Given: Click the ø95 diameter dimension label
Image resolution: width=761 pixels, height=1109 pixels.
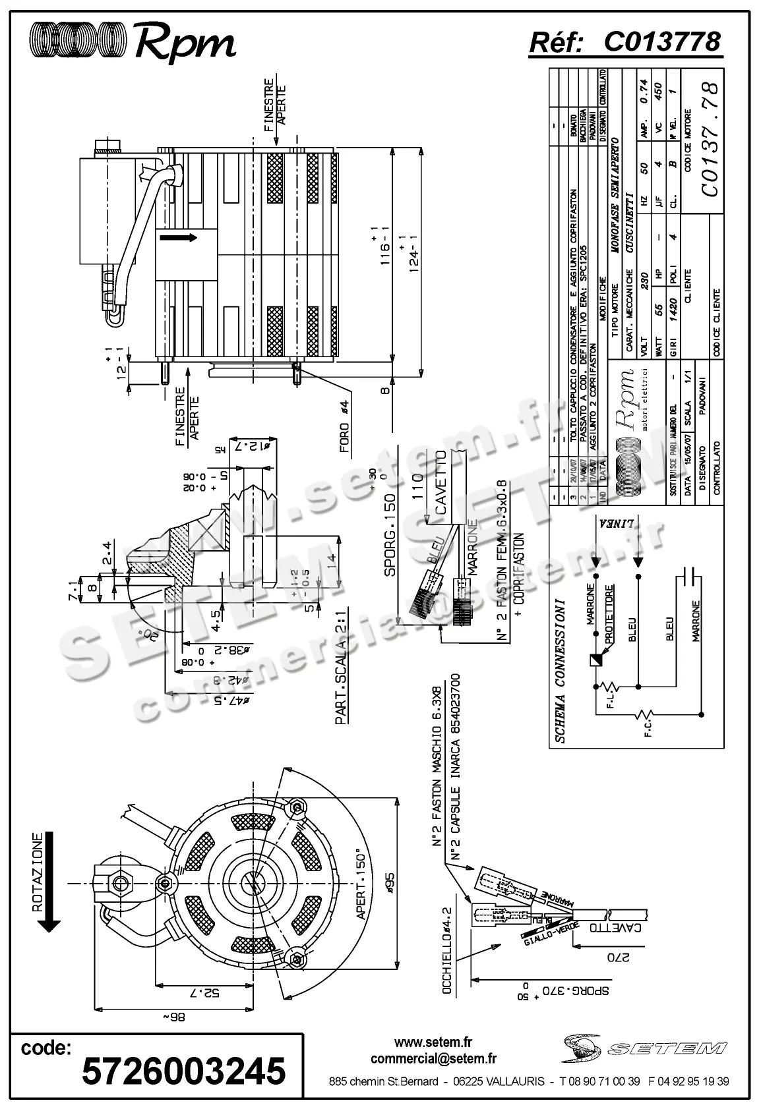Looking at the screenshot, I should tap(389, 881).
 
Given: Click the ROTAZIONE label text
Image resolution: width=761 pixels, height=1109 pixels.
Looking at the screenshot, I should tap(39, 873).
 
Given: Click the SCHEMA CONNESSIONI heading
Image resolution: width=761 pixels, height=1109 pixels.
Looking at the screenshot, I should tap(560, 671).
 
